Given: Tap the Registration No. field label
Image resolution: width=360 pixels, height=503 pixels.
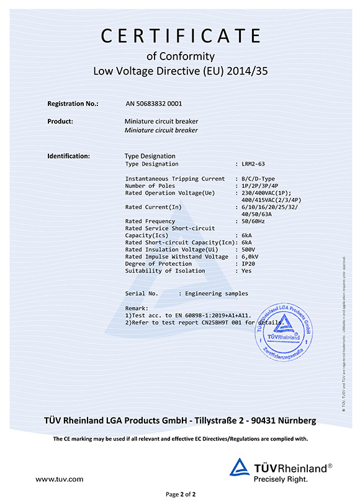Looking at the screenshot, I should (73, 104).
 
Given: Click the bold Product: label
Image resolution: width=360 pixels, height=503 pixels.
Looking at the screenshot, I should (60, 121).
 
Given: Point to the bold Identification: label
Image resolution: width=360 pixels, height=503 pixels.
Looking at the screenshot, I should (69, 156).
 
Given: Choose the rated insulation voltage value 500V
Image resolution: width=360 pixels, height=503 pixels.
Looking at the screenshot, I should (248, 249).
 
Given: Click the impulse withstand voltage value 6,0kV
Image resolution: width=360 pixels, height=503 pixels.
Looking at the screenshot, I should (250, 257).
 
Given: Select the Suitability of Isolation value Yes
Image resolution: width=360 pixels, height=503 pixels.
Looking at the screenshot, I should (246, 271).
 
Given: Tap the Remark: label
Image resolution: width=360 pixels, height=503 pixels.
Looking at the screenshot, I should (137, 308).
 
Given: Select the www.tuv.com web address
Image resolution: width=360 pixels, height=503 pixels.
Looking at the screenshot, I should (60, 479).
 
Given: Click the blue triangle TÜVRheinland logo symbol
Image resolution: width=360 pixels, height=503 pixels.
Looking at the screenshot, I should (240, 470).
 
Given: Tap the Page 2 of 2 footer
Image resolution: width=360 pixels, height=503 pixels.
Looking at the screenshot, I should (180, 494).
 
